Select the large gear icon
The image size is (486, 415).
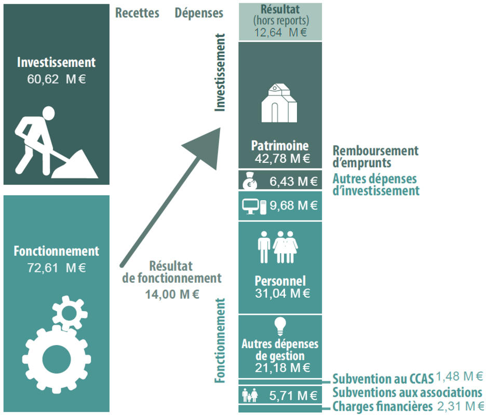pyautogui.click(x=57, y=358)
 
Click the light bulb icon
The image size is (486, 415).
pyautogui.click(x=280, y=325)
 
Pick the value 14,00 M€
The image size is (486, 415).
pyautogui.click(x=172, y=294)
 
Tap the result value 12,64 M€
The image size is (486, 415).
pyautogui.click(x=280, y=32)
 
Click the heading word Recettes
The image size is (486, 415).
pyautogui.click(x=137, y=13)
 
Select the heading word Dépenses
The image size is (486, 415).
pyautogui.click(x=199, y=13)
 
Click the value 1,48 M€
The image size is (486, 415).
pyautogui.click(x=460, y=376)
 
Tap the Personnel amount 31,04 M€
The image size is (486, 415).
pyautogui.click(x=283, y=294)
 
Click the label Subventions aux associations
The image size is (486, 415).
pyautogui.click(x=407, y=392)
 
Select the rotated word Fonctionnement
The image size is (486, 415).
pyautogui.click(x=221, y=340)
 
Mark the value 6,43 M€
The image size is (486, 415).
pyautogui.click(x=293, y=181)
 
